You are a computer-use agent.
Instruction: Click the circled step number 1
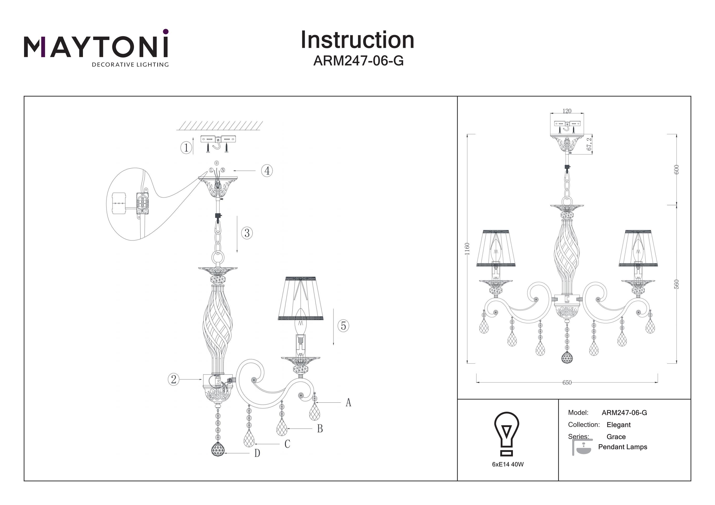pyautogui.click(x=186, y=147)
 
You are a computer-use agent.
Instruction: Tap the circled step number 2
pyautogui.click(x=174, y=379)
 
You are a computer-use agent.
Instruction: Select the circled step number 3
pyautogui.click(x=247, y=233)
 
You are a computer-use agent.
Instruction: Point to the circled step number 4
pyautogui.click(x=267, y=170)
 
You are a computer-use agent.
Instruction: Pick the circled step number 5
pyautogui.click(x=343, y=325)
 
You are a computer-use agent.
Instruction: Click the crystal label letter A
pyautogui.click(x=348, y=402)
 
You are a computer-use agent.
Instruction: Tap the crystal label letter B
pyautogui.click(x=320, y=429)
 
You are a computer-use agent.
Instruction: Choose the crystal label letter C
pyautogui.click(x=287, y=444)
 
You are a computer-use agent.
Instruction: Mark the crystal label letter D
pyautogui.click(x=257, y=453)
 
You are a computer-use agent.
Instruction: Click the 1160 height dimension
pyautogui.click(x=467, y=249)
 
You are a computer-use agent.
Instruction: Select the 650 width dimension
pyautogui.click(x=567, y=382)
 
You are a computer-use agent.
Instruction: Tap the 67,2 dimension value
pyautogui.click(x=589, y=144)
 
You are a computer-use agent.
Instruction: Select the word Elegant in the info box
pyautogui.click(x=618, y=425)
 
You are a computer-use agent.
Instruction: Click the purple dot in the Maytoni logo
pyautogui.click(x=166, y=31)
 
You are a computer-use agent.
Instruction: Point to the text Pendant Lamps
pyautogui.click(x=623, y=447)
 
